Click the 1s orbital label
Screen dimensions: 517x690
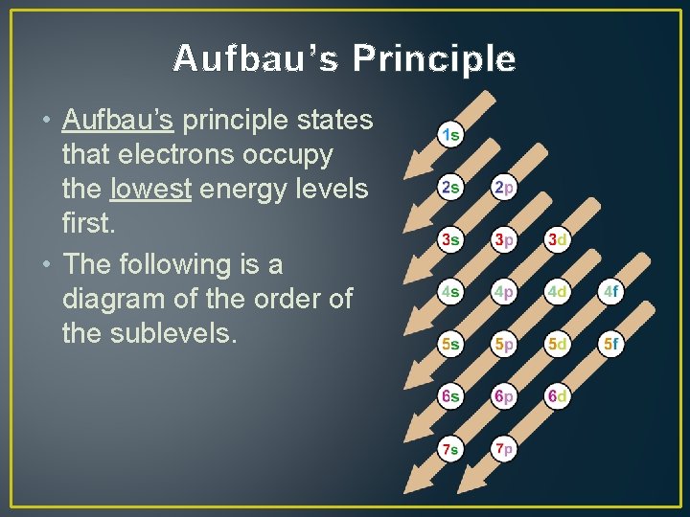pos(449,134)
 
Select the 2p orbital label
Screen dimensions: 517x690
pos(504,187)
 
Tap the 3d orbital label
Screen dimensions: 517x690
pos(558,238)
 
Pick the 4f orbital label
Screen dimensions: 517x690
pos(611,290)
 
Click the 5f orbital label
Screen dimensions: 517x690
pos(611,343)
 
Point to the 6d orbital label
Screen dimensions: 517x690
pos(558,395)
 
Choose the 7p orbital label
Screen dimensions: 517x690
pos(504,447)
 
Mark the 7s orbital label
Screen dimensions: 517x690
pos(449,447)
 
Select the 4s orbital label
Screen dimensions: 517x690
pos(449,290)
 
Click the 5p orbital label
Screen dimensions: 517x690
pos(504,343)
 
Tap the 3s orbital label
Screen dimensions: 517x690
pos(449,238)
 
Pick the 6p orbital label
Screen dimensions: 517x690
pos(504,395)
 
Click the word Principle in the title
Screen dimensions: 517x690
pos(433,59)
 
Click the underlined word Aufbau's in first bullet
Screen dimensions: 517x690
pos(117,120)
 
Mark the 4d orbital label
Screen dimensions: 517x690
pos(558,290)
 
